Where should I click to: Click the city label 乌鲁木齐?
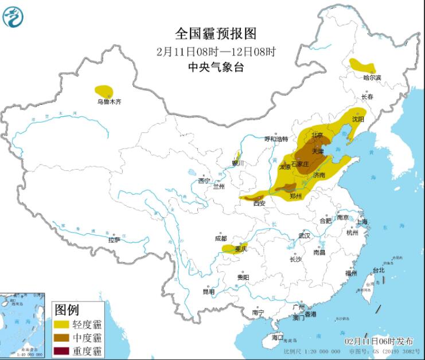pyautogui.click(x=109, y=102)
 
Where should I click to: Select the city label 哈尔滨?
pyautogui.click(x=372, y=77)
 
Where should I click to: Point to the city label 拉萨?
pyautogui.click(x=114, y=240)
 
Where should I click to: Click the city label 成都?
pyautogui.click(x=220, y=238)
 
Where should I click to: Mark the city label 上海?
pyautogui.click(x=361, y=221)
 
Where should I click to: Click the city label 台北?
pyautogui.click(x=379, y=270)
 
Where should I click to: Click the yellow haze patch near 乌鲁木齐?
pyautogui.click(x=104, y=91)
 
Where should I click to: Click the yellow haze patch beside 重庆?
pyautogui.click(x=229, y=248)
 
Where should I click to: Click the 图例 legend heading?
pyautogui.click(x=67, y=310)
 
